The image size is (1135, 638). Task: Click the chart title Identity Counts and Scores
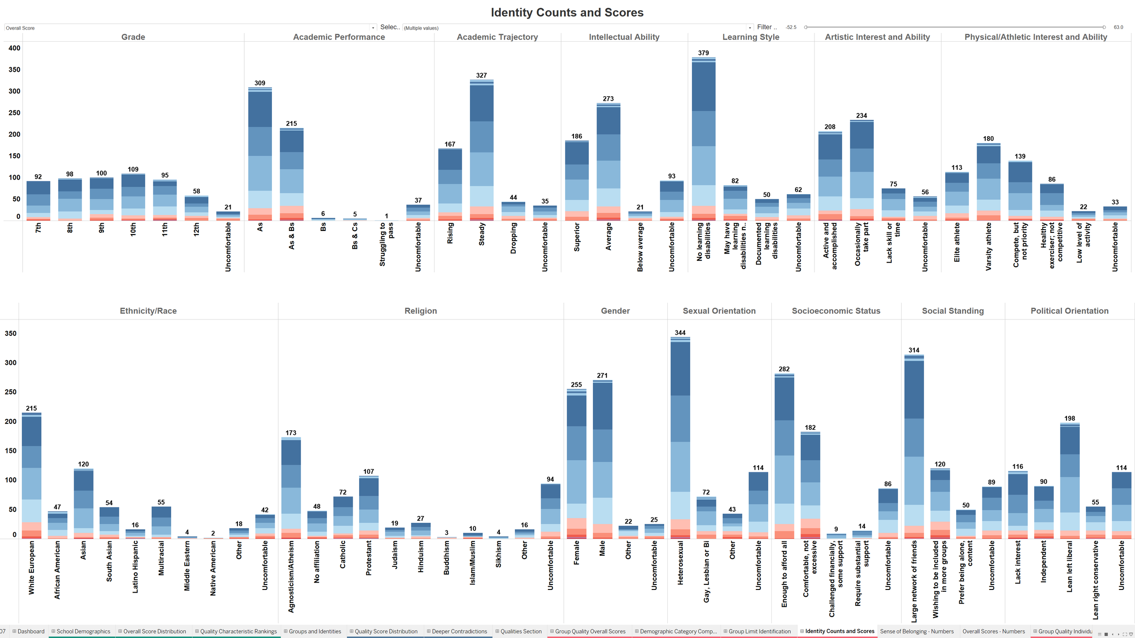[x=567, y=13]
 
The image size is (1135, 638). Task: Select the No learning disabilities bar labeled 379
[x=703, y=136]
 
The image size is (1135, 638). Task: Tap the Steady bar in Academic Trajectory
[x=481, y=150]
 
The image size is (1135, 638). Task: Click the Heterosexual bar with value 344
[x=680, y=436]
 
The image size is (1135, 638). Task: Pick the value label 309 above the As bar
[x=260, y=83]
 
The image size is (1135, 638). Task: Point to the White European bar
[x=31, y=476]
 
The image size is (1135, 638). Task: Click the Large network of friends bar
[x=914, y=445]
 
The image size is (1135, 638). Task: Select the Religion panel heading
[x=420, y=311]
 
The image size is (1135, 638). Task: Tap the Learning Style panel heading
[x=750, y=37]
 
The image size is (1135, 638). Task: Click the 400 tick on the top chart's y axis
[x=15, y=48]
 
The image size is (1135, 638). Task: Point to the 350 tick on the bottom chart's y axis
[x=10, y=334]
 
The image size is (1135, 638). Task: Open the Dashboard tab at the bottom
[x=31, y=631]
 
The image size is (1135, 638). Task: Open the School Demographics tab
[x=83, y=631]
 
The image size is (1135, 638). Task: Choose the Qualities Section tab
[x=521, y=631]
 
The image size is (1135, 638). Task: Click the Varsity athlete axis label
[x=988, y=246]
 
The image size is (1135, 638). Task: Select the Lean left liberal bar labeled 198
[x=1070, y=481]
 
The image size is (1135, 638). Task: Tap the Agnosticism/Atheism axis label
[x=291, y=576]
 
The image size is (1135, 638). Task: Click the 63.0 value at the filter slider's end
[x=1118, y=27]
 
